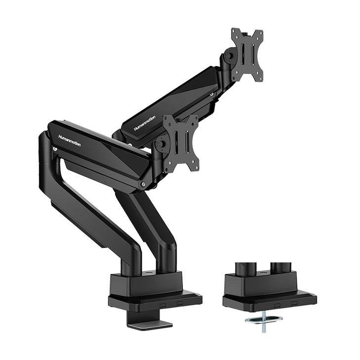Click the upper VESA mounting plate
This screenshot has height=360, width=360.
(247, 54)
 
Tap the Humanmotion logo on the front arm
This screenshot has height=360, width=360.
(69, 140)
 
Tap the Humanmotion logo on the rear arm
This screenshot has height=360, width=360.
(145, 123)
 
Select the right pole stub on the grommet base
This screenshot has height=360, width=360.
(280, 267)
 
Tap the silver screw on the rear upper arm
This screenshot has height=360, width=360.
(212, 94)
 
